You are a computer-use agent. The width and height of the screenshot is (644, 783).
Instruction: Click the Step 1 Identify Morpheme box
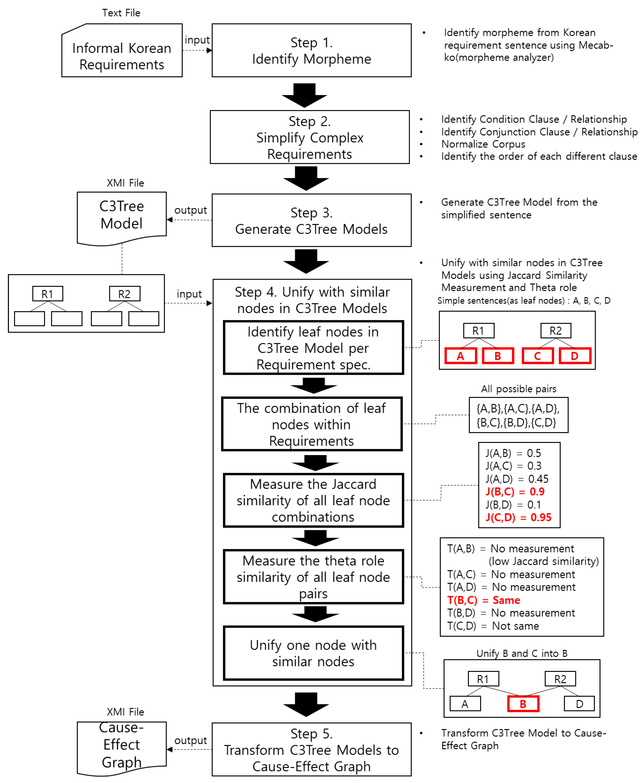311,51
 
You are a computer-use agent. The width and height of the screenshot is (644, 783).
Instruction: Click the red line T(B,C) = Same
483,600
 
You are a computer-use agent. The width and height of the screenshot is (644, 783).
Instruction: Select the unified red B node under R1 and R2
523,704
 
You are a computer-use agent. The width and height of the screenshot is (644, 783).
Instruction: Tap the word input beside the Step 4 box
189,294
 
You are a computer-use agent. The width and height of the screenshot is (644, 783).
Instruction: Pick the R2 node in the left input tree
125,294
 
